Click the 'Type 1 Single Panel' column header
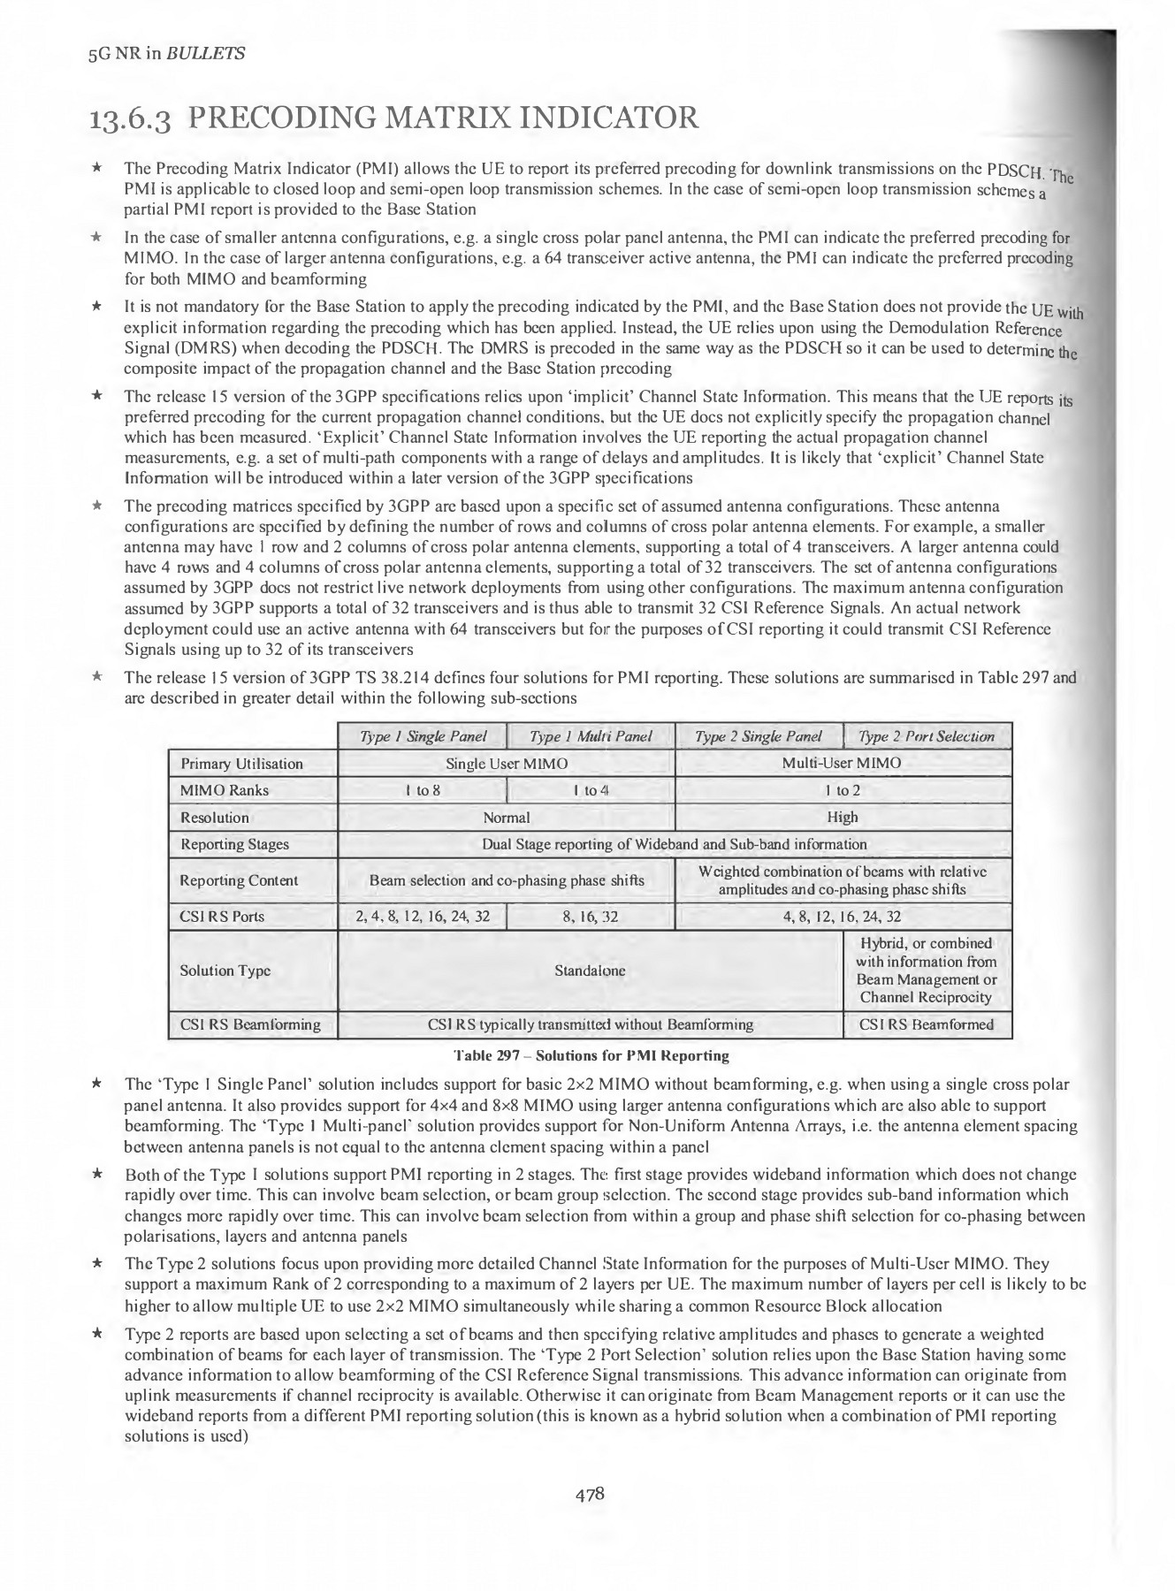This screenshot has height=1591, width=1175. click(x=423, y=736)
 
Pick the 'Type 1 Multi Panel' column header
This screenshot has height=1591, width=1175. click(x=591, y=736)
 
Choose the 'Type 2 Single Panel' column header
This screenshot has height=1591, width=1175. click(x=759, y=736)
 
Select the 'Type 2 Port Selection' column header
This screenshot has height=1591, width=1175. click(x=927, y=736)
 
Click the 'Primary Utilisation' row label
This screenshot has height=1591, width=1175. click(x=241, y=764)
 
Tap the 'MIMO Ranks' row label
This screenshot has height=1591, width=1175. click(x=225, y=790)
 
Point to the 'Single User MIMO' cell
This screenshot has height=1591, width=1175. click(x=507, y=764)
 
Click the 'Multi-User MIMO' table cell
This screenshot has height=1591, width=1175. click(x=843, y=764)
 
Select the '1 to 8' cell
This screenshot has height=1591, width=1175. click(x=423, y=790)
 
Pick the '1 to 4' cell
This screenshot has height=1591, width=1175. click(x=591, y=790)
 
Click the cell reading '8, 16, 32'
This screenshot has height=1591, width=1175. click(x=591, y=917)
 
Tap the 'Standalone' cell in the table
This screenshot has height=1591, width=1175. click(x=590, y=971)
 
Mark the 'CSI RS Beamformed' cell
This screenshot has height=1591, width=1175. click(x=927, y=1024)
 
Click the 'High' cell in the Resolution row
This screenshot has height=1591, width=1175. click(x=843, y=818)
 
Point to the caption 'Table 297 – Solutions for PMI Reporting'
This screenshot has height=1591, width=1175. click(x=591, y=1055)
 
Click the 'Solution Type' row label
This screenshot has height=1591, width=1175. click(x=225, y=971)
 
